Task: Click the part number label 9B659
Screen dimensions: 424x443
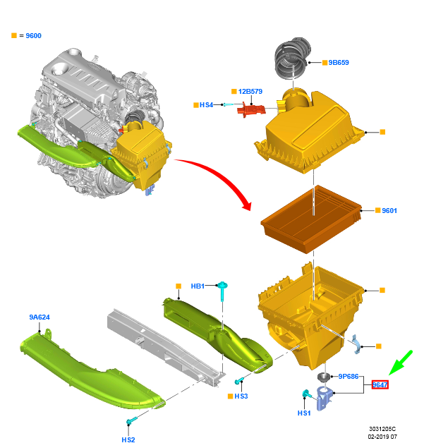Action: pos(339,63)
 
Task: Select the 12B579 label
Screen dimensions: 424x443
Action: pos(250,91)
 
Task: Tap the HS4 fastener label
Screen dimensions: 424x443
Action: pos(206,105)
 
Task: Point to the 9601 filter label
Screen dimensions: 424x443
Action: pos(389,210)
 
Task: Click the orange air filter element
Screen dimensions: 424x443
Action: pos(311,219)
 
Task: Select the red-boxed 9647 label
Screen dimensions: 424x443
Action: pos(380,384)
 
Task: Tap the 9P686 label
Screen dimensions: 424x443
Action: pos(349,376)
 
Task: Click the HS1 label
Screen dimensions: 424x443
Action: pos(304,413)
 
